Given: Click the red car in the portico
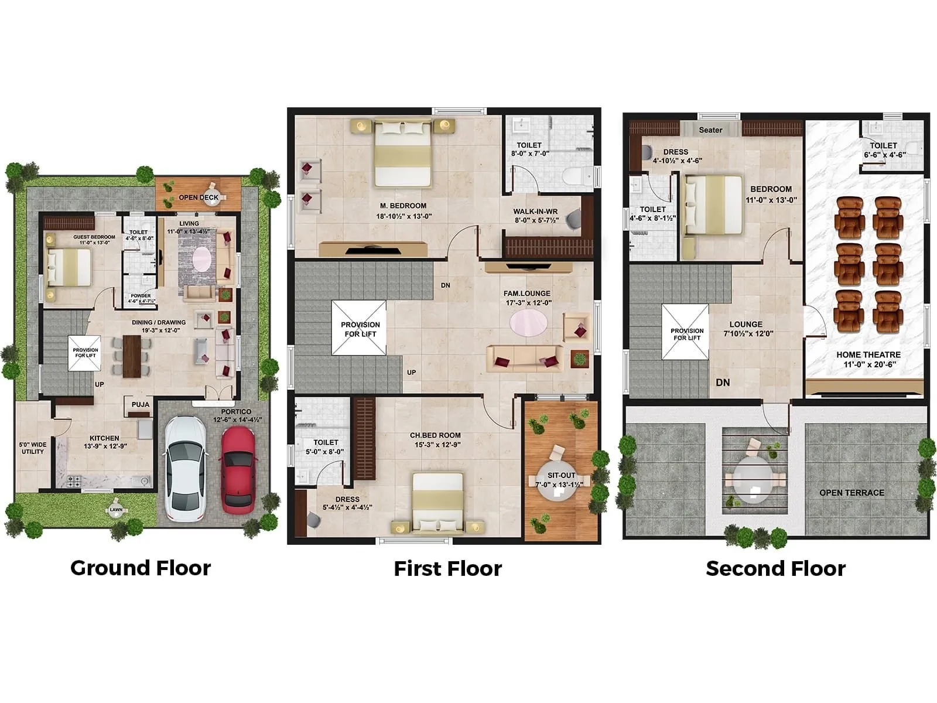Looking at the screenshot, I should tap(237, 467).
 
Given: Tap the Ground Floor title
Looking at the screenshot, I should tap(141, 568).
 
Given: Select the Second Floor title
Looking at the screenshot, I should tap(775, 568).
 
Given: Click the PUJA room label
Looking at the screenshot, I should tap(141, 404).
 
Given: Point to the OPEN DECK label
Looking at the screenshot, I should tap(199, 197).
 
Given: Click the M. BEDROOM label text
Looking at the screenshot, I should tap(403, 206).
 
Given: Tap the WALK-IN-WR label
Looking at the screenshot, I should tap(535, 211).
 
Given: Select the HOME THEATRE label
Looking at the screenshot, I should tap(868, 354).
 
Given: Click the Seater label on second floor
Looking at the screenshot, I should tap(710, 130).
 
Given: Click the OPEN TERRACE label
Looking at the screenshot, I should tap(851, 493).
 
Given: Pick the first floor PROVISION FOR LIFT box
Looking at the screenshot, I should tap(359, 328).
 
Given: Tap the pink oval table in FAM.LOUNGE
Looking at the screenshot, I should tap(529, 323).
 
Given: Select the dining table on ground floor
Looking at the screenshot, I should tap(132, 356).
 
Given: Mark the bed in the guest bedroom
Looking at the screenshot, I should tap(69, 267).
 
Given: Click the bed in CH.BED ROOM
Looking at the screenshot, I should tap(437, 502).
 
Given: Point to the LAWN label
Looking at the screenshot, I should tap(116, 510).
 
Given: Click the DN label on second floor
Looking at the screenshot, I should tap(723, 382).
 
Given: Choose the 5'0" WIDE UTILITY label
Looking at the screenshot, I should tap(33, 448).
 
